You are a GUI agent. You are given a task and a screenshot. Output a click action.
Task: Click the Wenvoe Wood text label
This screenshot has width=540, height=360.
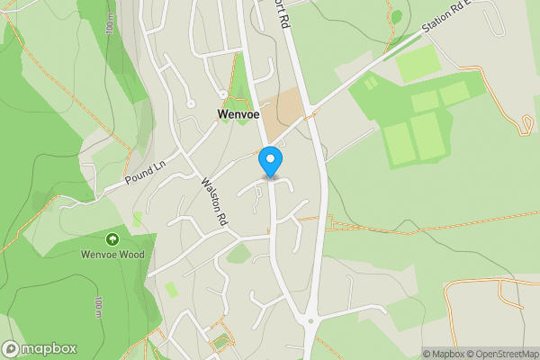pyautogui.click(x=112, y=255)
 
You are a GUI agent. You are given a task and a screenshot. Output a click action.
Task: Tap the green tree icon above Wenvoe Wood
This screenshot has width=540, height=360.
pyautogui.click(x=112, y=239)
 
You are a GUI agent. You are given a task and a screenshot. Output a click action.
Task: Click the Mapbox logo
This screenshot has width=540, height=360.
pyautogui.click(x=40, y=349)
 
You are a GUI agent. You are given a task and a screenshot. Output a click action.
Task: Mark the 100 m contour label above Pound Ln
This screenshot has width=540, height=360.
pyautogui.click(x=110, y=24)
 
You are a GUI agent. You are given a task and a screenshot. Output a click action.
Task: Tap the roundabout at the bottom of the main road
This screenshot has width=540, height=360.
pyautogui.click(x=310, y=319)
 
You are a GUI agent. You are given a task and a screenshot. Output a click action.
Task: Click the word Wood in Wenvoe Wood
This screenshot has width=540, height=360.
pyautogui.click(x=130, y=255)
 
